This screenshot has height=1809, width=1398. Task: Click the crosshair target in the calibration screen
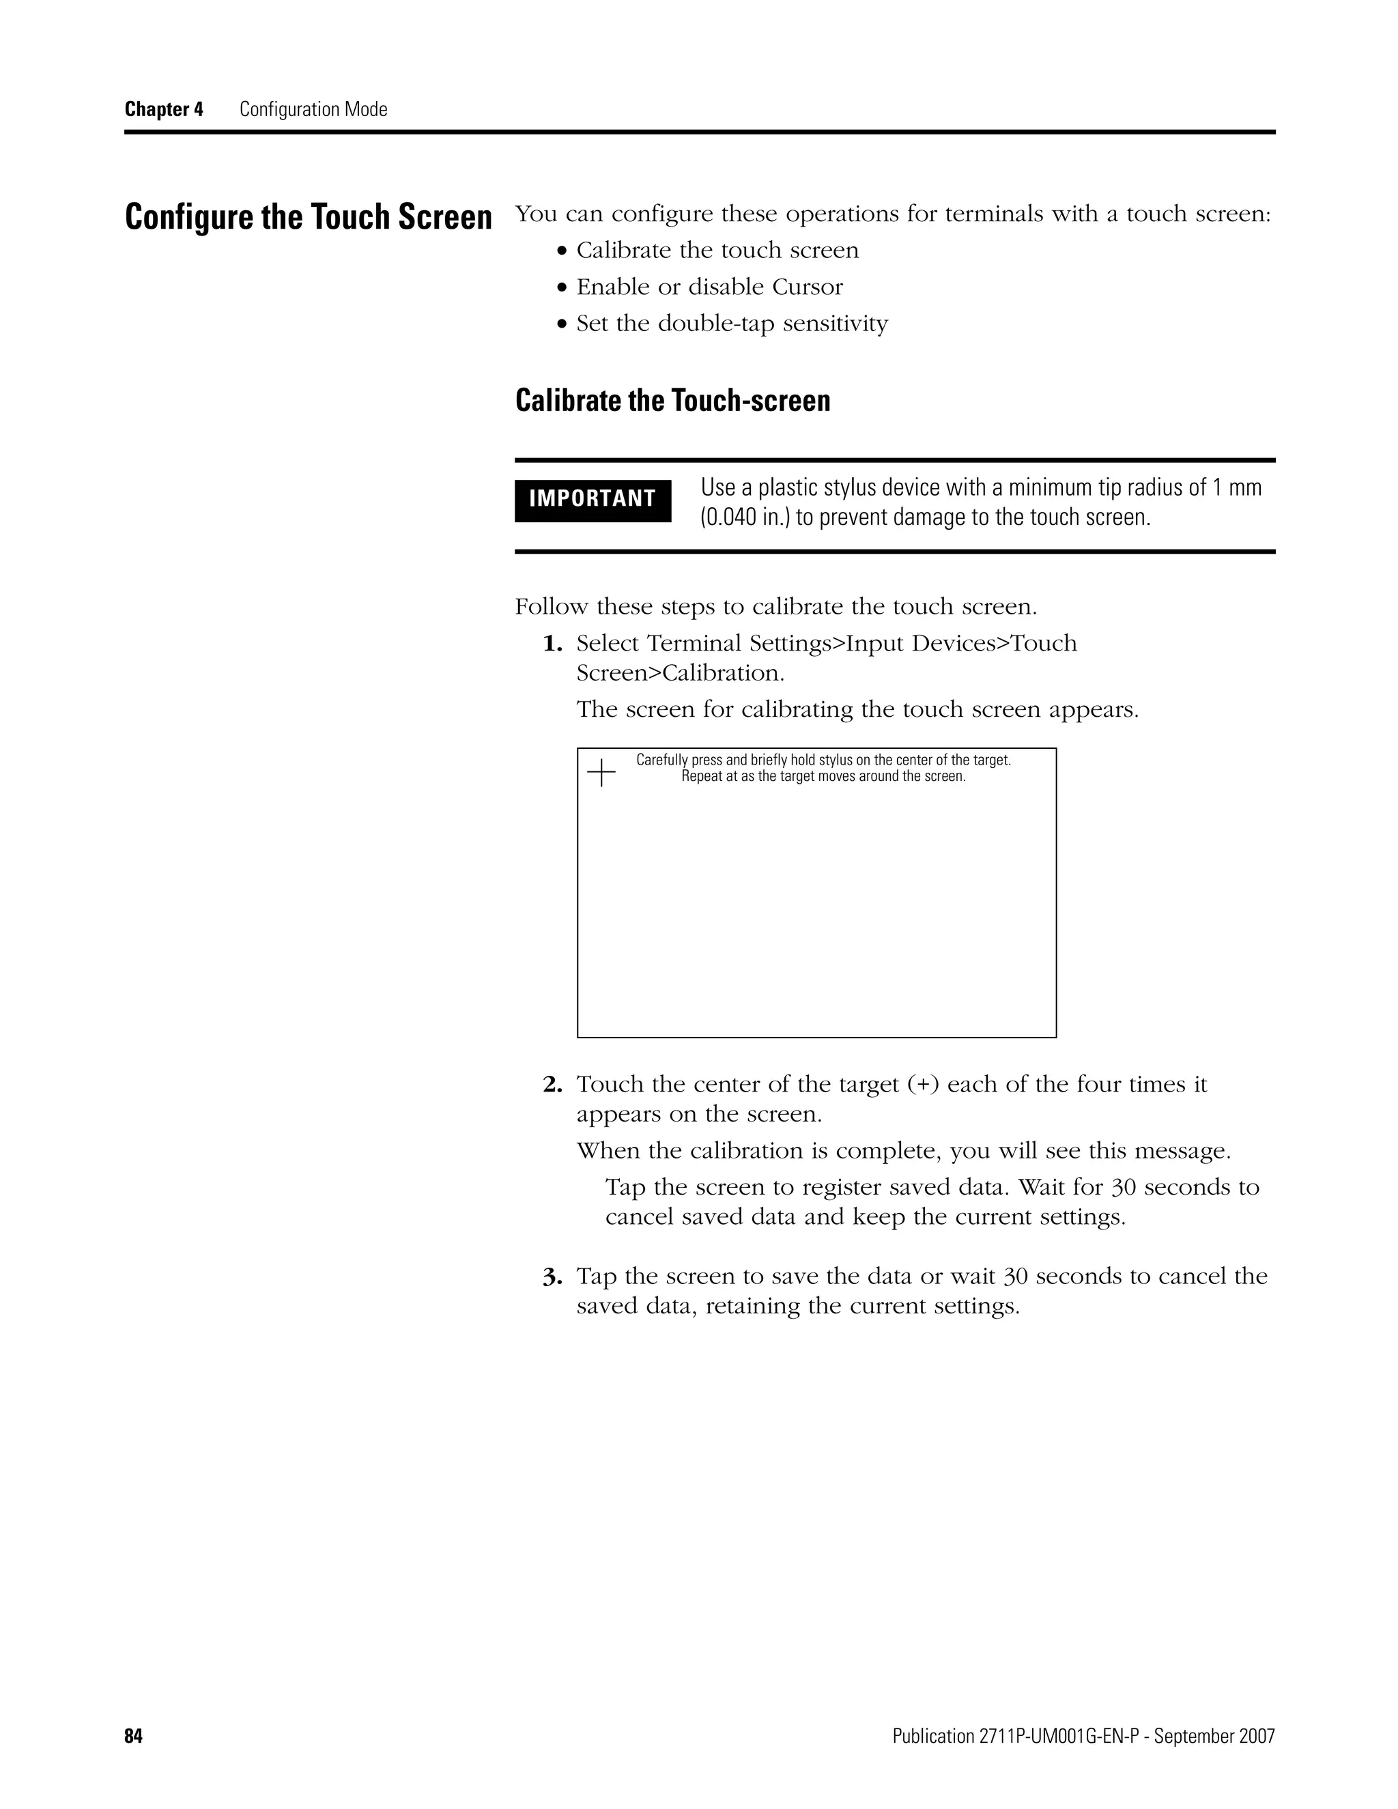point(601,773)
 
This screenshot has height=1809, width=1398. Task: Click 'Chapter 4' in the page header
point(163,109)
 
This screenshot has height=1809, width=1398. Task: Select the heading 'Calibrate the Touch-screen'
point(672,401)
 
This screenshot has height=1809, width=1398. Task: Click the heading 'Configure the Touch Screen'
point(308,218)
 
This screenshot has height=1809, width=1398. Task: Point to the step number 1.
point(552,644)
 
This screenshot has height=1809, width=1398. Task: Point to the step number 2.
point(552,1084)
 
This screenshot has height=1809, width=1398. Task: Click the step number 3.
point(552,1277)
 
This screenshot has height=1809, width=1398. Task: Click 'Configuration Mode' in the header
point(313,109)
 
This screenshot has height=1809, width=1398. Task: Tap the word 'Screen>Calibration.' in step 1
point(680,673)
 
